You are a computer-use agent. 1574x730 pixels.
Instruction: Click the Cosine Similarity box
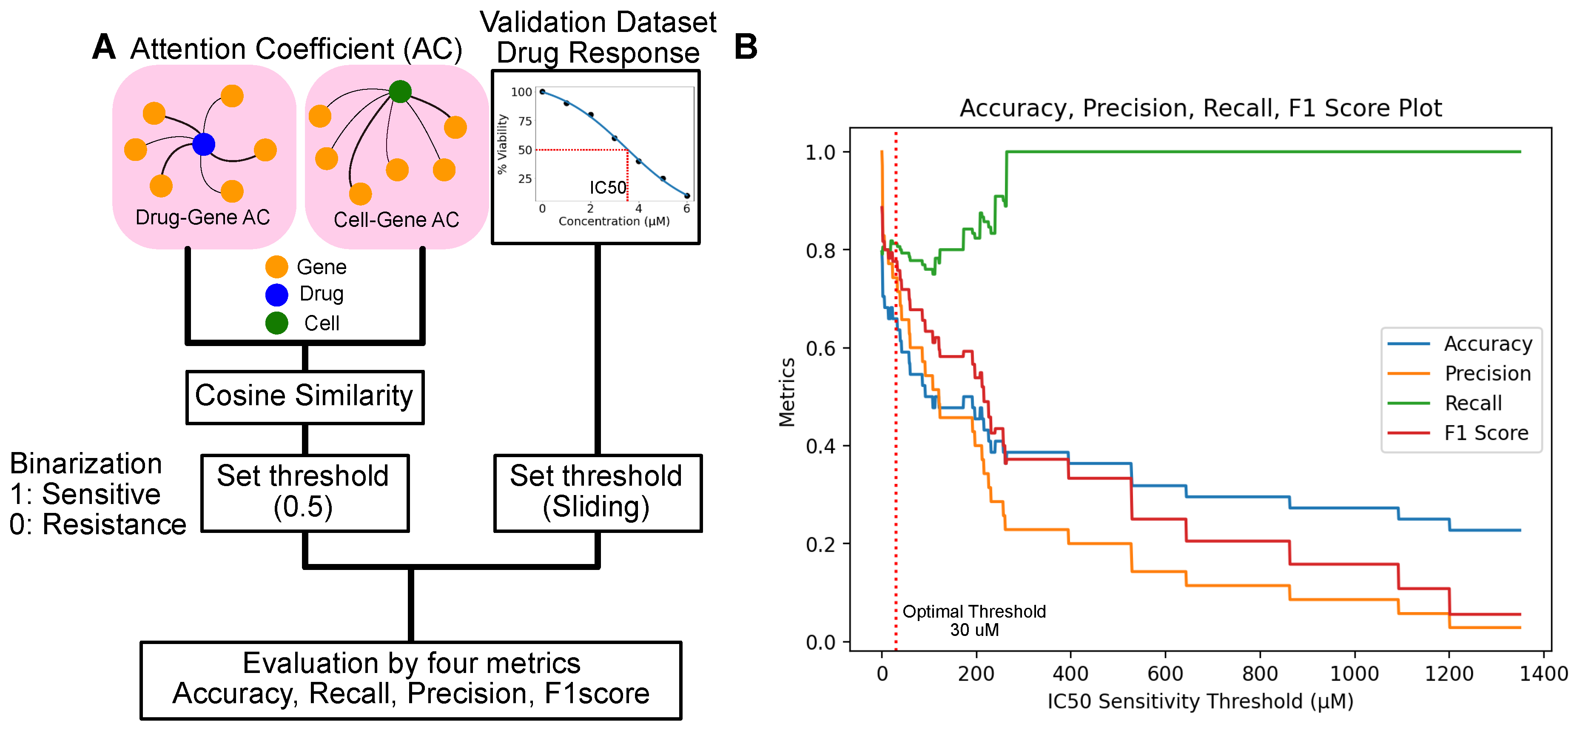pos(304,397)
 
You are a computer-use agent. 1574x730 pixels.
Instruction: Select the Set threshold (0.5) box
pos(304,492)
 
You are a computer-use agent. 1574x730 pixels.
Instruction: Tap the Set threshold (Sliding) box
pos(597,492)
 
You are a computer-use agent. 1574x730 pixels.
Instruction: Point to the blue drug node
pos(203,144)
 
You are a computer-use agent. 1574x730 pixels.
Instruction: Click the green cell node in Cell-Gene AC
pos(400,92)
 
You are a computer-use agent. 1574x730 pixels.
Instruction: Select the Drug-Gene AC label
pos(202,217)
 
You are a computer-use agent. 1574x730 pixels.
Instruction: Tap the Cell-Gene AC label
pos(396,220)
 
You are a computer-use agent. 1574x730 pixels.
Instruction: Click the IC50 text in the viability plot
pos(607,187)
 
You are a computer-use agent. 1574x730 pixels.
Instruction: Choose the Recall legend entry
pos(1473,403)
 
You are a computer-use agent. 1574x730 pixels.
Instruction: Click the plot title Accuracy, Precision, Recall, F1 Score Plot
pos(1200,108)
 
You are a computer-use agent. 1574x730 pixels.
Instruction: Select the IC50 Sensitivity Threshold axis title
pos(1200,701)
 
